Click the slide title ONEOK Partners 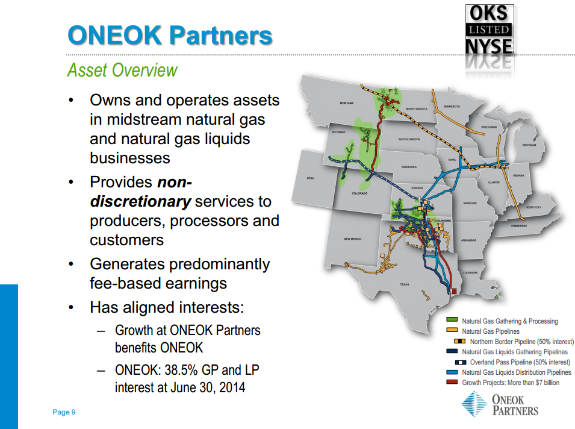tap(170, 35)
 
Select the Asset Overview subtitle tap(122, 70)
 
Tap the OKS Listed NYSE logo tap(489, 30)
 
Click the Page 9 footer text tap(64, 412)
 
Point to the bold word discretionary tap(140, 201)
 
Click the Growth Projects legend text tap(510, 383)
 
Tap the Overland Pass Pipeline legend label tap(520, 362)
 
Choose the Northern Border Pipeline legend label tap(521, 342)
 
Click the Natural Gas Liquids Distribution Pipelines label tap(516, 372)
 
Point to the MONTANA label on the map tap(347, 103)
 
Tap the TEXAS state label tap(404, 284)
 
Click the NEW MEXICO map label tap(352, 239)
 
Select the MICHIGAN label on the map tap(529, 145)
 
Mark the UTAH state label tap(311, 178)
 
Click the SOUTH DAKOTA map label tap(409, 139)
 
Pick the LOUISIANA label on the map tap(470, 272)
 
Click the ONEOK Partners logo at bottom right tap(500, 403)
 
